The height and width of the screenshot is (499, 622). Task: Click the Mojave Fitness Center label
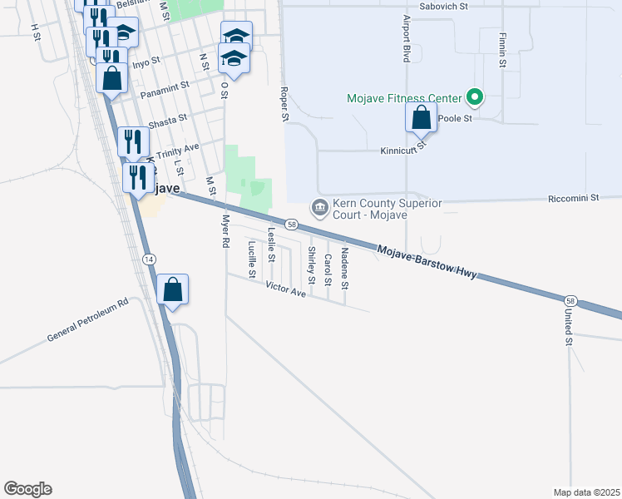click(x=404, y=98)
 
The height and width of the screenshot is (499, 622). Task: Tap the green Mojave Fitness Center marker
click(x=475, y=98)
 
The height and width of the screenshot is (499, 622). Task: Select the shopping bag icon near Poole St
click(x=422, y=117)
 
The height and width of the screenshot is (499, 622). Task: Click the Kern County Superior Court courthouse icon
click(x=318, y=206)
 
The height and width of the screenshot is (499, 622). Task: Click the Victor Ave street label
click(x=286, y=289)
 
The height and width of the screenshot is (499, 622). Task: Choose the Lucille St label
click(x=252, y=258)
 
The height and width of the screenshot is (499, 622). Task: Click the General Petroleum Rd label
click(x=88, y=320)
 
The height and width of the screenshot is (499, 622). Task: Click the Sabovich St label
click(x=445, y=6)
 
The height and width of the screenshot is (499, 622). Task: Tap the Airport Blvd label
click(x=407, y=38)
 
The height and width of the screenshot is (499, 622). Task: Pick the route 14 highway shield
click(x=149, y=259)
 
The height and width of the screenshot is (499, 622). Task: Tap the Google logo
click(x=27, y=489)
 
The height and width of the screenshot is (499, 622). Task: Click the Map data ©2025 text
click(x=585, y=492)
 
